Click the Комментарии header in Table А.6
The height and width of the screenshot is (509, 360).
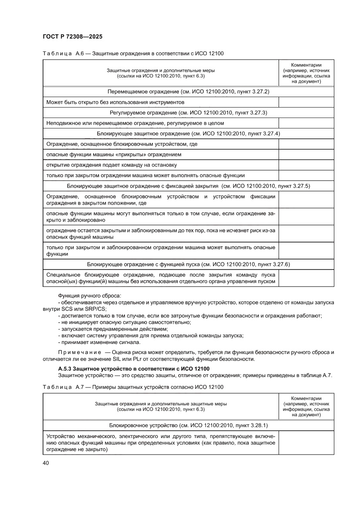306,65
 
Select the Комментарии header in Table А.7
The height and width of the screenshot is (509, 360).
306,398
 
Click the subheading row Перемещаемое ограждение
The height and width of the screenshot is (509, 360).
188,92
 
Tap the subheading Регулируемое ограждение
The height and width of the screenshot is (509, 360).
188,113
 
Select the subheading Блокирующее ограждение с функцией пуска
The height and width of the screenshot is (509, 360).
188,264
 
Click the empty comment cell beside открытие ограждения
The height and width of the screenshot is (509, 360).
306,165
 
